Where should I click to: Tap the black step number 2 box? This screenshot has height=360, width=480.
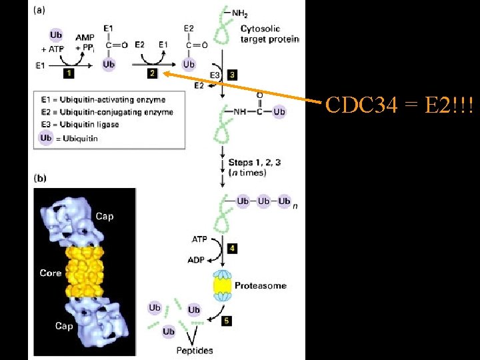click(x=152, y=73)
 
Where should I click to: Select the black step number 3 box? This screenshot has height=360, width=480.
click(x=231, y=75)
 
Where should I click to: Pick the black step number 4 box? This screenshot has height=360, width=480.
click(x=232, y=248)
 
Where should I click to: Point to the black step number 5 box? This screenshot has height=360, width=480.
click(x=227, y=321)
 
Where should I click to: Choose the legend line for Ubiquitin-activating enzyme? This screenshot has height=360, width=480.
click(x=109, y=100)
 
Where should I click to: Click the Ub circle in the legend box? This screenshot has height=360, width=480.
click(x=46, y=138)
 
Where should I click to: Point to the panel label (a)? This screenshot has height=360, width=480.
click(x=39, y=11)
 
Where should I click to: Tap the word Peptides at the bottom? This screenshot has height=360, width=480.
click(x=195, y=350)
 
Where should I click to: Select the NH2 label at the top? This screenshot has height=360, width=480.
click(x=241, y=12)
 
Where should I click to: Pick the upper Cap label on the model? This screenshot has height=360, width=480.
click(x=104, y=216)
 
